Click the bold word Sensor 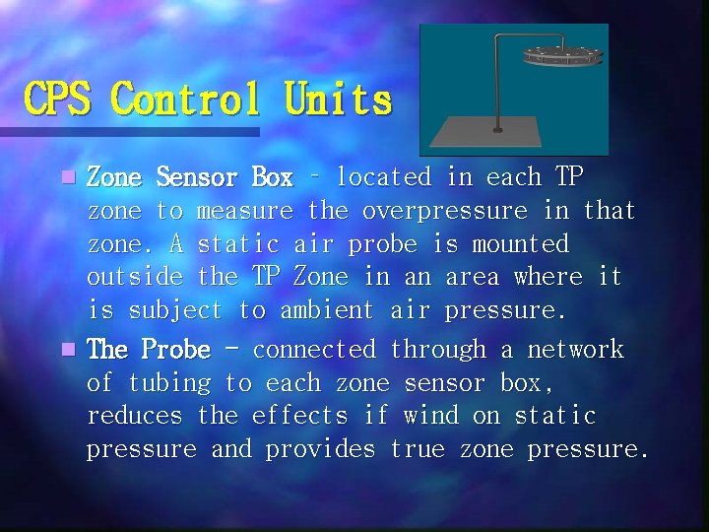[x=197, y=178]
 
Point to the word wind [x=431, y=416]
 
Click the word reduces [x=134, y=416]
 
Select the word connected [x=314, y=350]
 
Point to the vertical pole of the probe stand [x=497, y=89]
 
